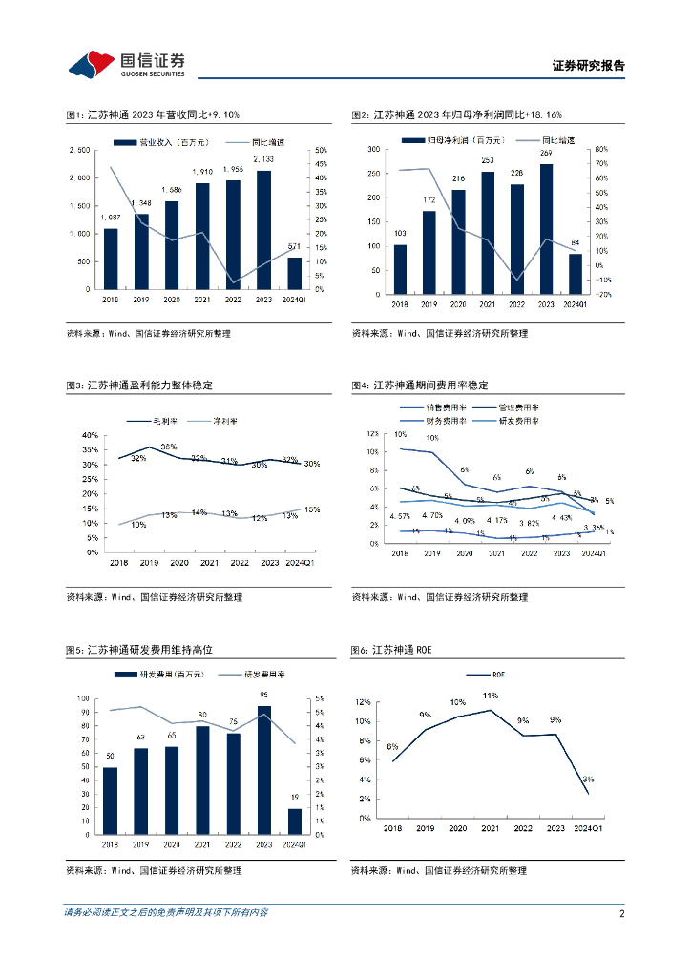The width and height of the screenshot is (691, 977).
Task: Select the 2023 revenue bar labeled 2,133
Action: tap(264, 230)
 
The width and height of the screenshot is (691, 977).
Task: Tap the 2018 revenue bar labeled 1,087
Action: tap(111, 259)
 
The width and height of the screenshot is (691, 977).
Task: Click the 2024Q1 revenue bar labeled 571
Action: tap(295, 273)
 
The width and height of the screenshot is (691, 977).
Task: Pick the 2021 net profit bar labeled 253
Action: tap(488, 230)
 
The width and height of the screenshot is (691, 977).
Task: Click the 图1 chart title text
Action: tap(153, 115)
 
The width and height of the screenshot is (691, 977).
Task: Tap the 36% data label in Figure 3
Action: tap(169, 447)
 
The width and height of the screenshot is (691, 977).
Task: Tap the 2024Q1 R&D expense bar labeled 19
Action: tap(294, 821)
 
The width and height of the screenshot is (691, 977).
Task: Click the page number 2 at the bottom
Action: tap(622, 913)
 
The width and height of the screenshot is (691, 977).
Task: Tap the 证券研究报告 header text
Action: tap(589, 67)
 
